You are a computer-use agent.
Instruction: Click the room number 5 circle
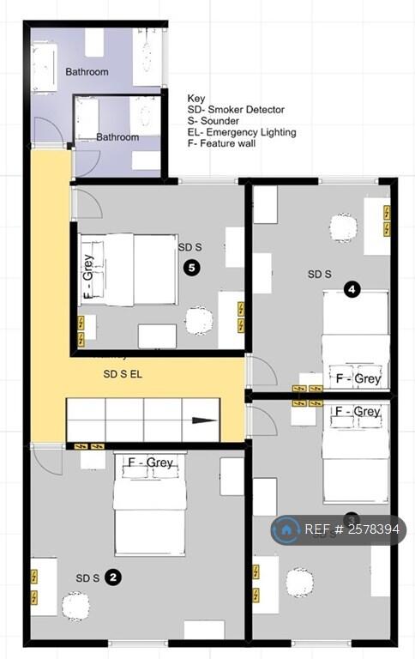coord(192,269)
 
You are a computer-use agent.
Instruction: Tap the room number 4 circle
coord(352,290)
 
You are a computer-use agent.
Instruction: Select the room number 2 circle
coord(113,577)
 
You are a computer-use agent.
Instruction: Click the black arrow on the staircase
coord(203,420)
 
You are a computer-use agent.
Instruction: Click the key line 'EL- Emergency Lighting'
coord(242,132)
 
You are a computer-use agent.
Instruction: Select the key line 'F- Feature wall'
coord(221,143)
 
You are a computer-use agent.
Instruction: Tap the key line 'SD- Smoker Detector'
coord(236,110)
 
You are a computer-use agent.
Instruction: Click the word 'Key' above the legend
coord(196,98)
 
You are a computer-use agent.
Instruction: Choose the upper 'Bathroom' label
coord(87,72)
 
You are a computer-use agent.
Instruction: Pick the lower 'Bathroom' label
coord(117,137)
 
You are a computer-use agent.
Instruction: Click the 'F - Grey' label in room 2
coord(150,463)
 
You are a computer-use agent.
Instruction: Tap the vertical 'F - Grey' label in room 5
coord(87,275)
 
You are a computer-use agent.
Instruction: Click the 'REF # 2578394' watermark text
coord(352,529)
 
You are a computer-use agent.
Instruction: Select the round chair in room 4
coord(343,228)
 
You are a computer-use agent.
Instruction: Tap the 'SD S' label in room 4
coord(319,275)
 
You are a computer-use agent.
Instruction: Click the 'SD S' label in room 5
coord(189,247)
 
